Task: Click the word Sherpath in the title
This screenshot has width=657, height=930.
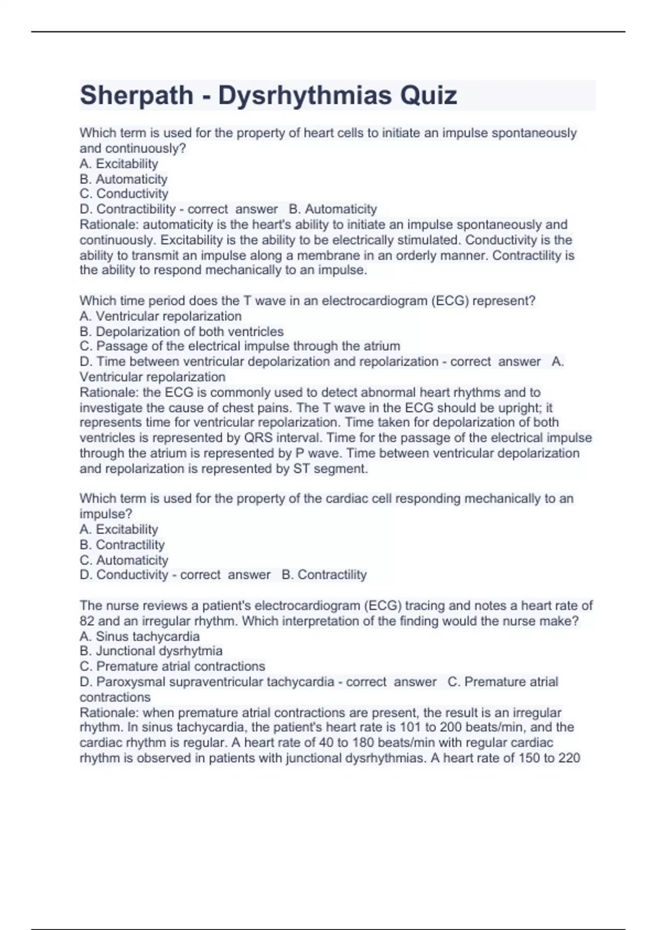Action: (136, 96)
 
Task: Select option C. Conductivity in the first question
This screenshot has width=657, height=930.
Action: (124, 194)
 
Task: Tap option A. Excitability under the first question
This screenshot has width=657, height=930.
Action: (119, 164)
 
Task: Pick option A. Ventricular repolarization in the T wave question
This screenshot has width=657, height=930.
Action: (160, 316)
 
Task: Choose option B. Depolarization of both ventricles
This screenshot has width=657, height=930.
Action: (181, 332)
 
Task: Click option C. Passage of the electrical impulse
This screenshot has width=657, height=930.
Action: (240, 346)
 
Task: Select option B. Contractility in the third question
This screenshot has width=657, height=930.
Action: (122, 545)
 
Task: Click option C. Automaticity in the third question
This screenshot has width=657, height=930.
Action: (124, 560)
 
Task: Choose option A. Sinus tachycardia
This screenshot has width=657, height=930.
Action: (140, 636)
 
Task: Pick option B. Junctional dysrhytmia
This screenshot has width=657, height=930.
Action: (151, 651)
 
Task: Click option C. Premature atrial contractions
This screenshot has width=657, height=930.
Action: (172, 666)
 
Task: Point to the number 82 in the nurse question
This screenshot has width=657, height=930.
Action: (87, 621)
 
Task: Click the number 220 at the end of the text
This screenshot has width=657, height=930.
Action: (569, 758)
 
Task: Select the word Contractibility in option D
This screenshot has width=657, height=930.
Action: (136, 209)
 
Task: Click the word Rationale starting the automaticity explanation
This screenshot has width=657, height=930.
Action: (109, 225)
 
